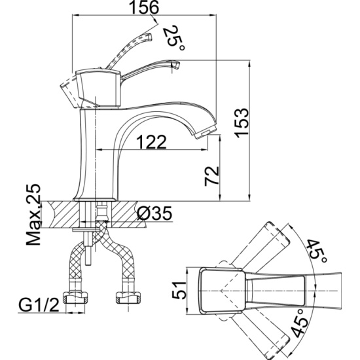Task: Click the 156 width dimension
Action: point(144,7)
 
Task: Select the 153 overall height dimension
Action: point(242,123)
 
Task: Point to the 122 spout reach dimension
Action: point(151,142)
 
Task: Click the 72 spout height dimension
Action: point(212,175)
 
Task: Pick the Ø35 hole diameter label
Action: point(154,213)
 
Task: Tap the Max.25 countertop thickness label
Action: point(33,214)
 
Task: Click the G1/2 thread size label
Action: point(39,304)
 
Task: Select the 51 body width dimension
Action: point(179,291)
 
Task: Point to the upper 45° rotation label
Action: point(317,251)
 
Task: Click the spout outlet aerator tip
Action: point(206,134)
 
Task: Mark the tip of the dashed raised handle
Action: point(149,37)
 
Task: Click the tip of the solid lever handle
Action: point(176,65)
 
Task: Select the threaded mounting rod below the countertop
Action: point(88,249)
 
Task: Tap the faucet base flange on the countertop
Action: point(96,199)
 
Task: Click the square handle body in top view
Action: point(221,291)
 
